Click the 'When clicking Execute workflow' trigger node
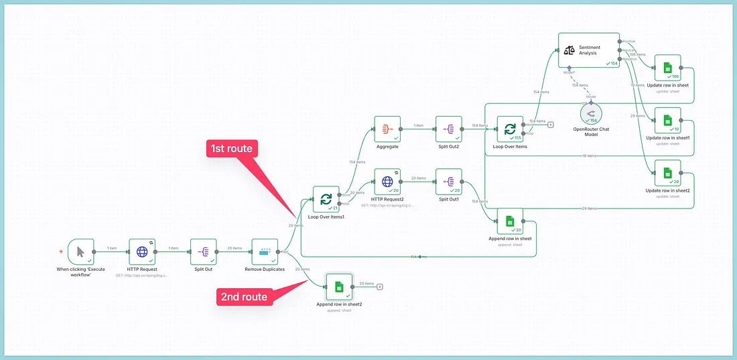click(81, 251)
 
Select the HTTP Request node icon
click(142, 251)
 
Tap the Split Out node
click(204, 251)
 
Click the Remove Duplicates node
click(265, 251)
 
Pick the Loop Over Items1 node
click(326, 199)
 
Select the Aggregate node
click(387, 129)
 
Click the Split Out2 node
click(449, 129)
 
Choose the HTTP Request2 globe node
click(387, 182)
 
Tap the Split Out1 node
click(449, 182)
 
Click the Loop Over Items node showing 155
click(510, 129)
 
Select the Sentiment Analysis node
click(589, 50)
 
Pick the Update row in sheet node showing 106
click(667, 68)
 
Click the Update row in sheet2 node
click(667, 173)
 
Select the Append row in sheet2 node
click(339, 286)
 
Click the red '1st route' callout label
click(231, 148)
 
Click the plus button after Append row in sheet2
click(380, 287)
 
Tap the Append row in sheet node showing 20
click(510, 221)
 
